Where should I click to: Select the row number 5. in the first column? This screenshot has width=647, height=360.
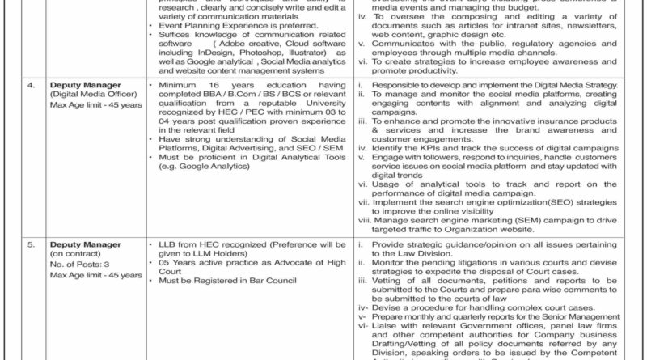[x=31, y=242]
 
